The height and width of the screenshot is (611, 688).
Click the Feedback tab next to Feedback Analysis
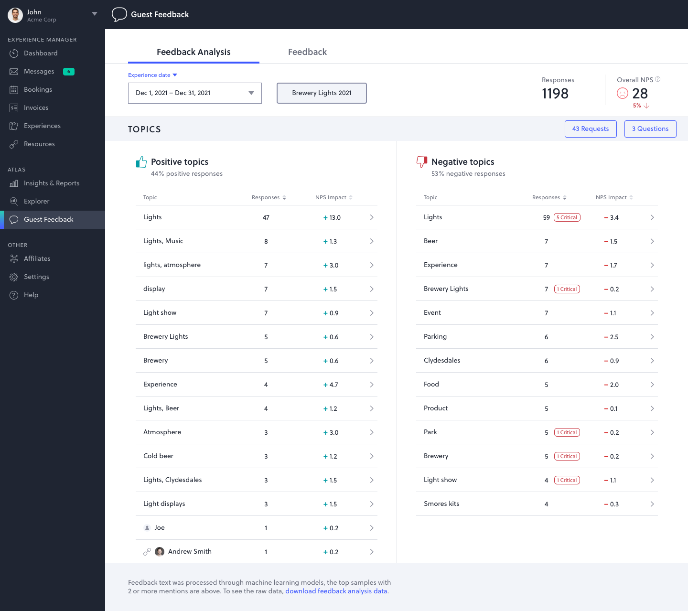pos(307,52)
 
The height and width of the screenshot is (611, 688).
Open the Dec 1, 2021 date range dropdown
pos(194,93)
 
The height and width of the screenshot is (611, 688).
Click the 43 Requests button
pos(591,129)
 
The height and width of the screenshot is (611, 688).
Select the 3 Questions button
pos(650,129)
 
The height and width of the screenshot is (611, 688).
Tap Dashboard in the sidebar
pos(41,54)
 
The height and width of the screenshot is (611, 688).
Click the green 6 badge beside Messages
pos(69,72)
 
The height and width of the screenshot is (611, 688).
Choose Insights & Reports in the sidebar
pos(52,183)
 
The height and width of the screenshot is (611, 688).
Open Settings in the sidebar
pos(36,277)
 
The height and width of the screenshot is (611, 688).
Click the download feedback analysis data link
pos(336,591)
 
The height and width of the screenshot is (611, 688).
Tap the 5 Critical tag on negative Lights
pos(567,217)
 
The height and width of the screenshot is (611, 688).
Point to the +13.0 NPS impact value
pos(332,218)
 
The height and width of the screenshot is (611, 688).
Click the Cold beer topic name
pos(158,456)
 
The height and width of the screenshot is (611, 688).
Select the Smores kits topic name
pos(441,504)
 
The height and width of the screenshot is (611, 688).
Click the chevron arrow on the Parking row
pos(652,337)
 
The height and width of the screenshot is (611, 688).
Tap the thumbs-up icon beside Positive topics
pos(141,162)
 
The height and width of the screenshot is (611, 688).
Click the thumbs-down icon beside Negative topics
pos(421,162)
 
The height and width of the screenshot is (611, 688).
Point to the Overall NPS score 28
pos(640,94)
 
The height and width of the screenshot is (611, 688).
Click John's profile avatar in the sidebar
pos(15,15)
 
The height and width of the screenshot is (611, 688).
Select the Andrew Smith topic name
pos(190,552)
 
